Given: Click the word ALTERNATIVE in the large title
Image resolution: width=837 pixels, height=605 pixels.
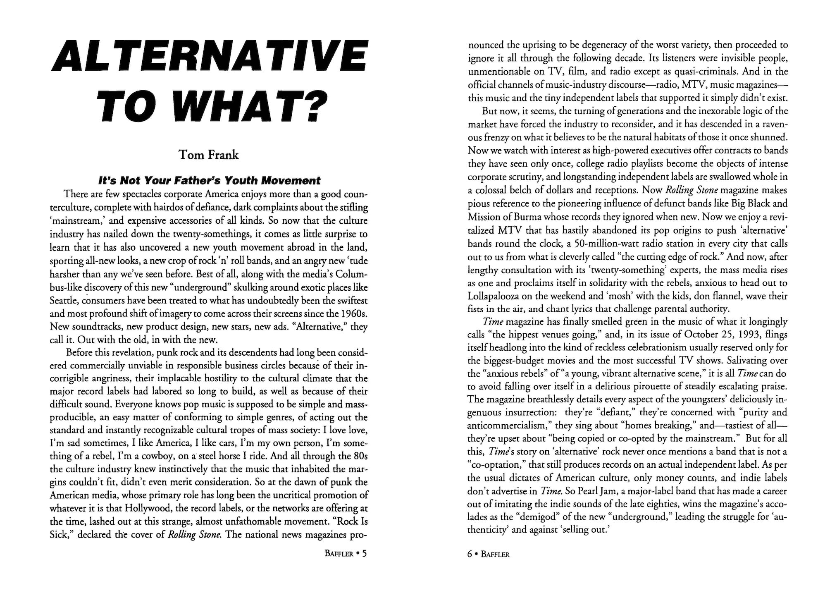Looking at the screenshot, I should pos(208,57).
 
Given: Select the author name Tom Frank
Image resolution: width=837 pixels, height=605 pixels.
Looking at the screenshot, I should pos(208,155).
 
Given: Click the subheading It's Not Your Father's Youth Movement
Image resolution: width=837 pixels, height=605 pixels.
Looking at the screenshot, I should pos(209,181).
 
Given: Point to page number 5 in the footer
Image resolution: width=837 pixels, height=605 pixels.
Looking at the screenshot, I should pos(364,554).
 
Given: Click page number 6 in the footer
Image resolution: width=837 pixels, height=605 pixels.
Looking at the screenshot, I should pos(470,555).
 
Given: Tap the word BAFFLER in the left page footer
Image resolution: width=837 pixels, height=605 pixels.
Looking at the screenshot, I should pos(339,554).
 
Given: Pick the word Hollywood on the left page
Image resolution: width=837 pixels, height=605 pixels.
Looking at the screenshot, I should pos(144,508).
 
